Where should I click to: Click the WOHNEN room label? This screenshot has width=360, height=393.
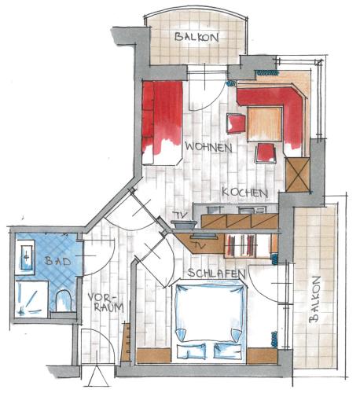208,147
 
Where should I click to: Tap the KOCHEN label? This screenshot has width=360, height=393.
244,193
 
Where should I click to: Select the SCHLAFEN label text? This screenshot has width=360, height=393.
216,274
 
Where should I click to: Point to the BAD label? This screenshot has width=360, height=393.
57,261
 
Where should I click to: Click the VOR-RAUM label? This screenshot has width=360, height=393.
105,303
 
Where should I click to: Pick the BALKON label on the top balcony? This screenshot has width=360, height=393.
197,37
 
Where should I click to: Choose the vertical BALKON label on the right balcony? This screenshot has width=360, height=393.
314,299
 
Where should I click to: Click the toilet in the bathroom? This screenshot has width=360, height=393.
64,300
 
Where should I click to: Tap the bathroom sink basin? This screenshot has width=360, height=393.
27,257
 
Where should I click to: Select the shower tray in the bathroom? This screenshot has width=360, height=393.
31,299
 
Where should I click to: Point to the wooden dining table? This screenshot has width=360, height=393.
265,124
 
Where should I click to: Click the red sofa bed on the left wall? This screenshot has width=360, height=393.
162,123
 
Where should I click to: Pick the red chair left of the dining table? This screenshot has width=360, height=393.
236,123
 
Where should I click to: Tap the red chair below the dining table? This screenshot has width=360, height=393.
266,153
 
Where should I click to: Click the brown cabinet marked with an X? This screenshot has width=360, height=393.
297,174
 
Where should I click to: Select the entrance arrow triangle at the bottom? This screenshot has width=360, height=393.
98,376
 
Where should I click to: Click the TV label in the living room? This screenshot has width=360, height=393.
182,215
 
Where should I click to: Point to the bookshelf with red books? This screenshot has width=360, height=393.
248,245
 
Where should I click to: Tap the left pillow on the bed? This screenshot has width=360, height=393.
192,351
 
